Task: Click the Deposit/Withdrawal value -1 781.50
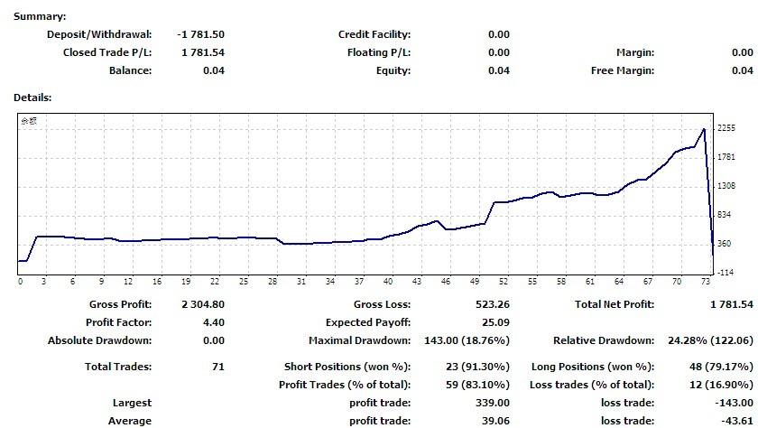click(x=201, y=34)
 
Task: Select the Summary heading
click(x=39, y=17)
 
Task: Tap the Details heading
click(x=32, y=97)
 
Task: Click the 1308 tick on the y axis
click(x=726, y=186)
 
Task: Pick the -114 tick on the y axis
click(x=725, y=272)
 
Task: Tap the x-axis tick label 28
click(x=272, y=282)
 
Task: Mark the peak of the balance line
click(x=704, y=129)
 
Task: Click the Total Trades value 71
click(x=217, y=367)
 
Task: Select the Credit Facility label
click(x=374, y=34)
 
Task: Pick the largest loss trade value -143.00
click(x=733, y=403)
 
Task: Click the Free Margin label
click(x=623, y=70)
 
